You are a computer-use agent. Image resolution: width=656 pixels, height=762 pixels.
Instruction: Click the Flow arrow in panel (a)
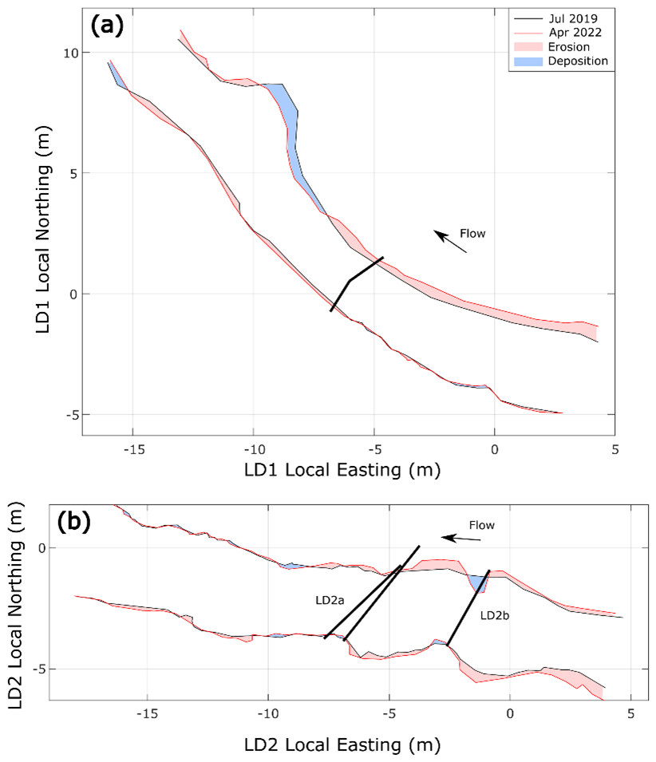click(451, 242)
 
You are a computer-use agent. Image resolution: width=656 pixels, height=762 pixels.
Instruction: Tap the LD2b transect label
click(496, 616)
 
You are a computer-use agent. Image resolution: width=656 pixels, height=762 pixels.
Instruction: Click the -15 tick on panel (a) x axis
click(132, 447)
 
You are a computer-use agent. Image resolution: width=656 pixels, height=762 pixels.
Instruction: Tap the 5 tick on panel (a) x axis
click(615, 447)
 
